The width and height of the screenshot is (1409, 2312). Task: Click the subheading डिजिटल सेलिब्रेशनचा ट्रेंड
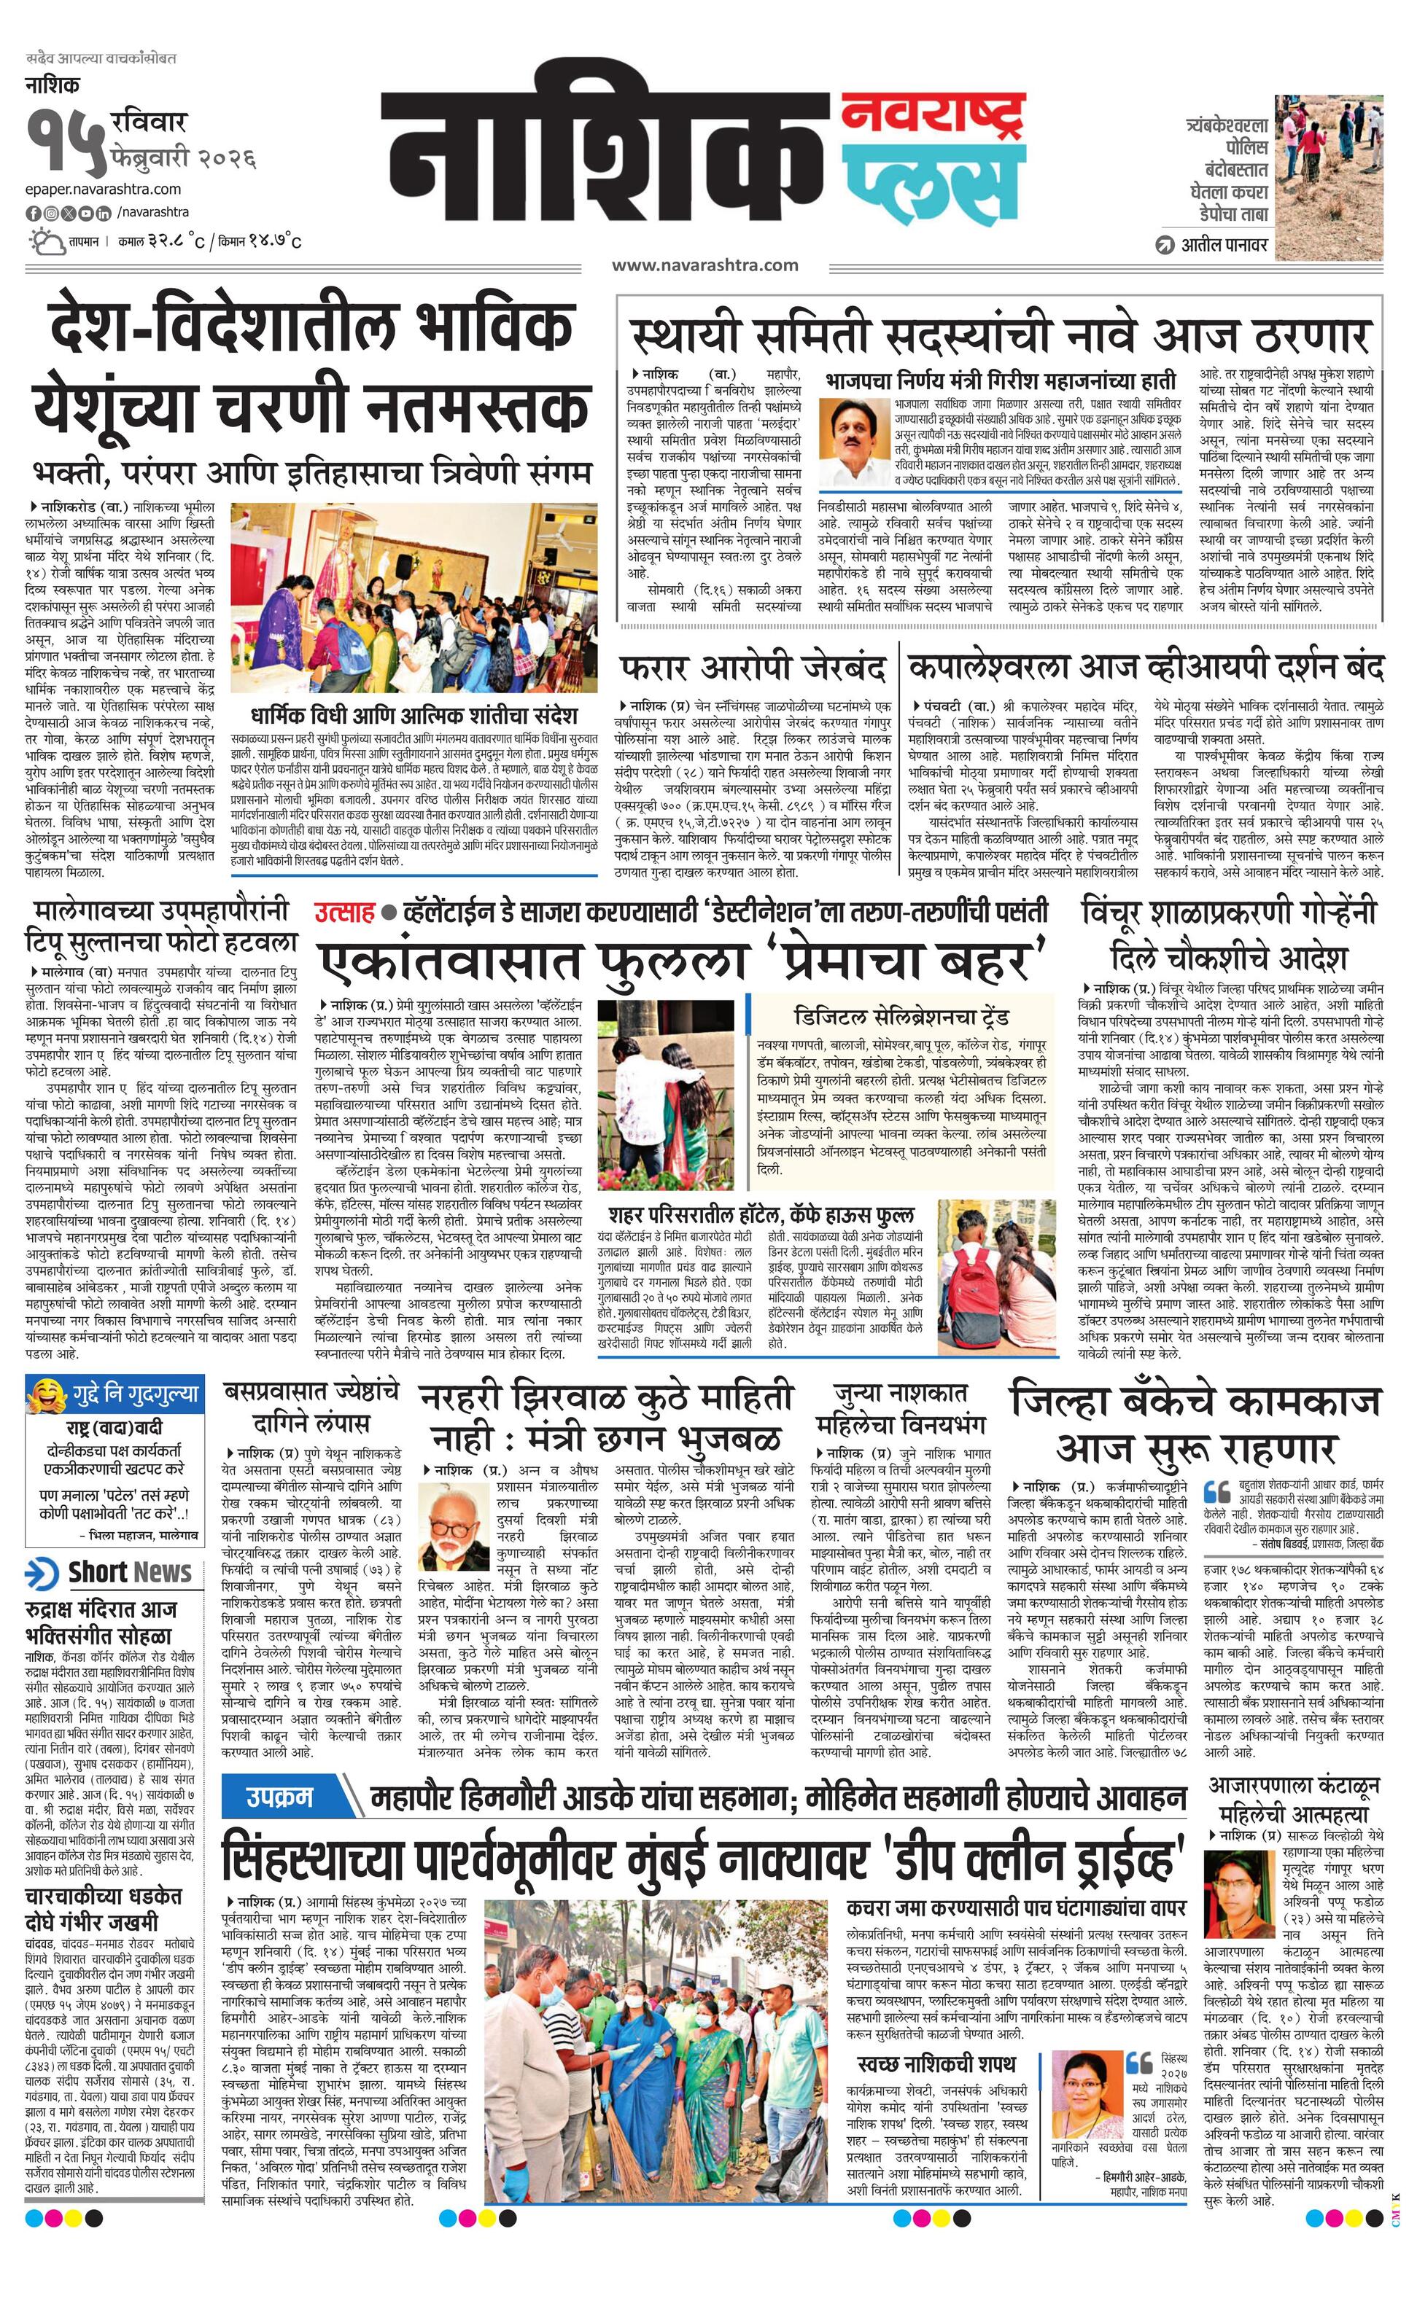900,1016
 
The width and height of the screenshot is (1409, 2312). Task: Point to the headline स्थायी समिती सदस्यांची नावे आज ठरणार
1001,334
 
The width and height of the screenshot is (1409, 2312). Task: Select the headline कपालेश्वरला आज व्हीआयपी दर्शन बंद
1145,668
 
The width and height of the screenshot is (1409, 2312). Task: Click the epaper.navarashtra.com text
104,190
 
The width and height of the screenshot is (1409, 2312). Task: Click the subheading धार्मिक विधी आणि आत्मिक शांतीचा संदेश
414,715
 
